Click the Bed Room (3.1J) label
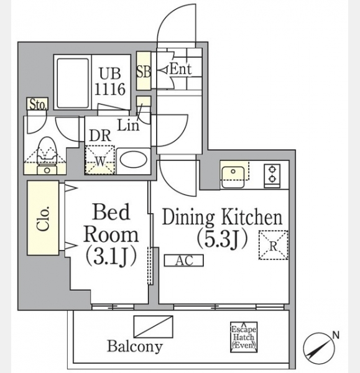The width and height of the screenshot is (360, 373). pos(111,234)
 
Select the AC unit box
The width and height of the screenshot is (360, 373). pos(184,260)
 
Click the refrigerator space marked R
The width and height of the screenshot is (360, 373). pos(273,245)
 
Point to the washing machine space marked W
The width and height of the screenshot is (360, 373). pos(99,160)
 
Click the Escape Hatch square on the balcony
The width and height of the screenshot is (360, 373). pos(244,337)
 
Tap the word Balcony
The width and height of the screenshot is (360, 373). pos(135,346)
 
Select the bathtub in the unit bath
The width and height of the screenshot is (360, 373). pos(73,83)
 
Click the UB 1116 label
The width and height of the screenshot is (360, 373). pos(110,81)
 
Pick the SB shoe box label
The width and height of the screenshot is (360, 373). pos(144,71)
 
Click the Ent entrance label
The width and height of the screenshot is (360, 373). pos(180,70)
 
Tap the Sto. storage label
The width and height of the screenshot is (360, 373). pos(37,104)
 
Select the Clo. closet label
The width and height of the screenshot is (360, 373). pos(44,219)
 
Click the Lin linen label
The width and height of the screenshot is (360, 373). pos(128,125)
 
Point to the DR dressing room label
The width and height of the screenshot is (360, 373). pos(100,136)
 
